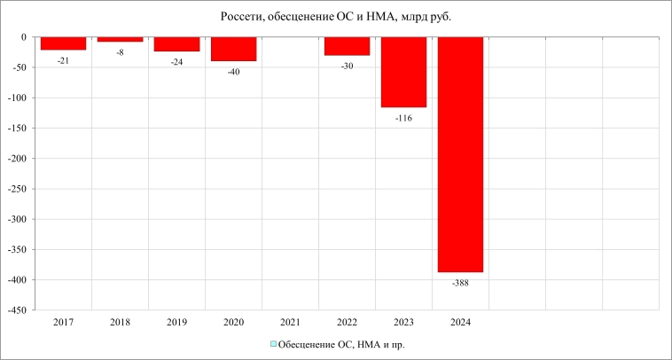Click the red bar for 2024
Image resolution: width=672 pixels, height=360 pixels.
(x=460, y=154)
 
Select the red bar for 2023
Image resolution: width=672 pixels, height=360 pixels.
(x=403, y=73)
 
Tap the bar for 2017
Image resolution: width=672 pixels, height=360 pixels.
(x=63, y=43)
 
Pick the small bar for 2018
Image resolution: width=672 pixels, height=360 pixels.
(x=120, y=40)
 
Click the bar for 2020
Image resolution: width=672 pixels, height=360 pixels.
(x=233, y=49)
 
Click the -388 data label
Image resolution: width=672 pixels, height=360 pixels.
(x=460, y=283)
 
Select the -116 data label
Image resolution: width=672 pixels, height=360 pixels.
(x=403, y=118)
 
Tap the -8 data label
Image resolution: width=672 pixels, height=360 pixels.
(x=120, y=52)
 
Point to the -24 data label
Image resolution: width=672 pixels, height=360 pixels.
(x=176, y=62)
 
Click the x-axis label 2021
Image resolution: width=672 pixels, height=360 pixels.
(x=290, y=323)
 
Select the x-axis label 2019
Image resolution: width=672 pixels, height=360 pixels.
(x=176, y=323)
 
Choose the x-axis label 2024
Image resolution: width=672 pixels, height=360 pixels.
(x=460, y=323)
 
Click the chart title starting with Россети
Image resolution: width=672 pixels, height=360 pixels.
(x=335, y=16)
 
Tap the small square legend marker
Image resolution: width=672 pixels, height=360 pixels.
(x=274, y=344)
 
